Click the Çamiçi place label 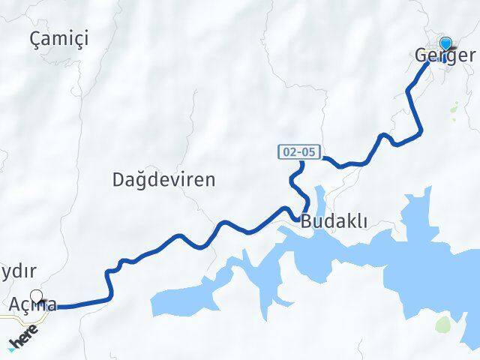tap(59, 39)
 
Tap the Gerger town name tap(444, 56)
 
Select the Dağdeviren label tap(163, 180)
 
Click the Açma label tap(33, 305)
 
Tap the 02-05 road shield tap(301, 152)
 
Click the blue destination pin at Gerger tap(446, 44)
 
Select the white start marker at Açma tap(36, 296)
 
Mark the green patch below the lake tap(443, 325)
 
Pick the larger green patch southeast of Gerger tap(455, 109)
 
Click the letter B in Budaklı tap(307, 222)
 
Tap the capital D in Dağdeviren tap(119, 180)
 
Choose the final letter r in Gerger tap(470, 56)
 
